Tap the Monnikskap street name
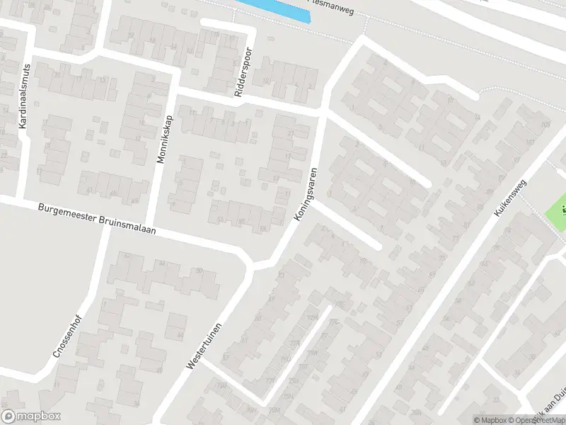point(164,139)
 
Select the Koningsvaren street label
point(305,193)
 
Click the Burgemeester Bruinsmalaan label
point(96,220)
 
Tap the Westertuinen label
point(204,345)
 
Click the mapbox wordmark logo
point(30,416)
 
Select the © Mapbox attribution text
point(490,420)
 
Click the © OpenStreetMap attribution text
point(537,420)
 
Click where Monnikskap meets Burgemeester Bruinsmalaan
point(148,226)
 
